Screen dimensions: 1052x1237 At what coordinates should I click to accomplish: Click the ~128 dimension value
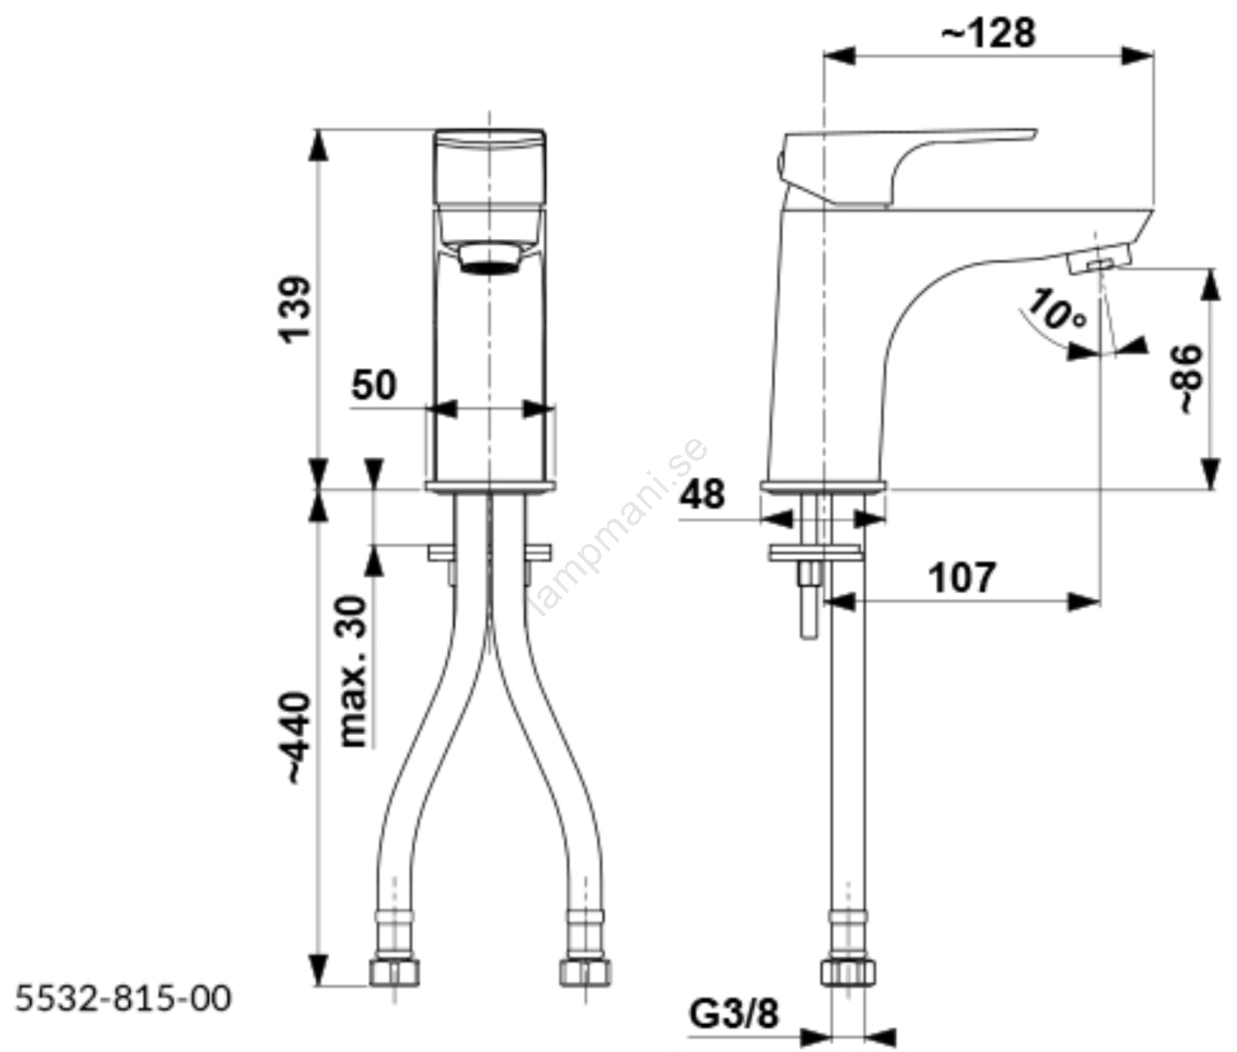pos(988,33)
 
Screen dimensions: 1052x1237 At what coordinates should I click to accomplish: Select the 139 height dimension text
pos(295,308)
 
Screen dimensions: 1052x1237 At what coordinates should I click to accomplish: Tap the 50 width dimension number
pos(374,385)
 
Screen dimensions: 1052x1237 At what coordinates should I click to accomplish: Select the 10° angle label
pos(1056,309)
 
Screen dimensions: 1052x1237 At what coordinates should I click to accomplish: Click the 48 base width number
pos(703,495)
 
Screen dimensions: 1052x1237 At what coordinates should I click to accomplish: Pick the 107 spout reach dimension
pos(962,578)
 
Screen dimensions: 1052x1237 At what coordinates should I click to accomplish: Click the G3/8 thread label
pos(734,1014)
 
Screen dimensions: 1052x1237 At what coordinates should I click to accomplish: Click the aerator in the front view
pos(489,258)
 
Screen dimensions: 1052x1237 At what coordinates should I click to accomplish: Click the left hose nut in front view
pos(394,972)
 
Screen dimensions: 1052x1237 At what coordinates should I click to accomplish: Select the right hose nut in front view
pos(584,972)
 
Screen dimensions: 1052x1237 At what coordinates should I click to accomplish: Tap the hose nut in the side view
pos(848,972)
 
